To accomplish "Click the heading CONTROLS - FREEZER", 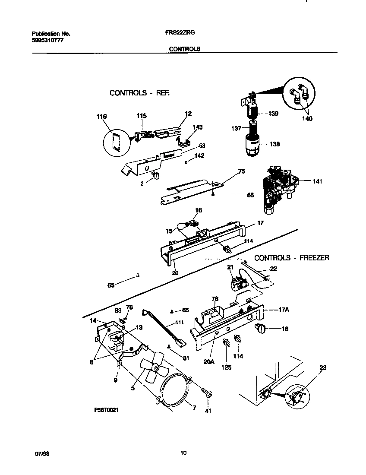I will click(291, 258).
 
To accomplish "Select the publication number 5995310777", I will click(48, 40).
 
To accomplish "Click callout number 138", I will click(275, 144).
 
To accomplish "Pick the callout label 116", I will click(101, 117).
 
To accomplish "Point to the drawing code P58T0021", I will click(106, 411).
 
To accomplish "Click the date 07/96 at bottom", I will click(41, 453).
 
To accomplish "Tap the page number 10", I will click(183, 453).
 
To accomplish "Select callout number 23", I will click(323, 368).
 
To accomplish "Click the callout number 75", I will click(241, 171).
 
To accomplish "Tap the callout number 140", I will click(307, 118).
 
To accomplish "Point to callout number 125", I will click(227, 367).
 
